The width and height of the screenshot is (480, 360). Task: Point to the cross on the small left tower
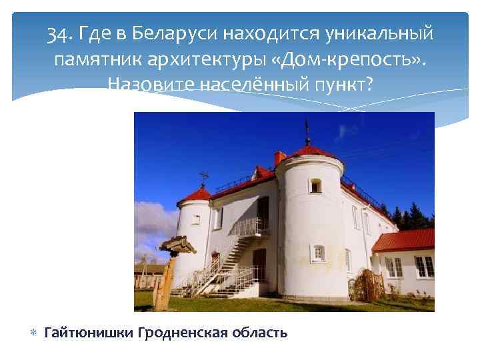pyautogui.click(x=204, y=177)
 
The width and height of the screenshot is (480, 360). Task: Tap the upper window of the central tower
pyautogui.click(x=315, y=185)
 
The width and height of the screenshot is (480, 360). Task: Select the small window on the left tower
pyautogui.click(x=196, y=219)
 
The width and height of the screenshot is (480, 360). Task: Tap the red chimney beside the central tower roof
pyautogui.click(x=280, y=158)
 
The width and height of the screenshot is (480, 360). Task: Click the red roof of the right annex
pyautogui.click(x=403, y=240)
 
